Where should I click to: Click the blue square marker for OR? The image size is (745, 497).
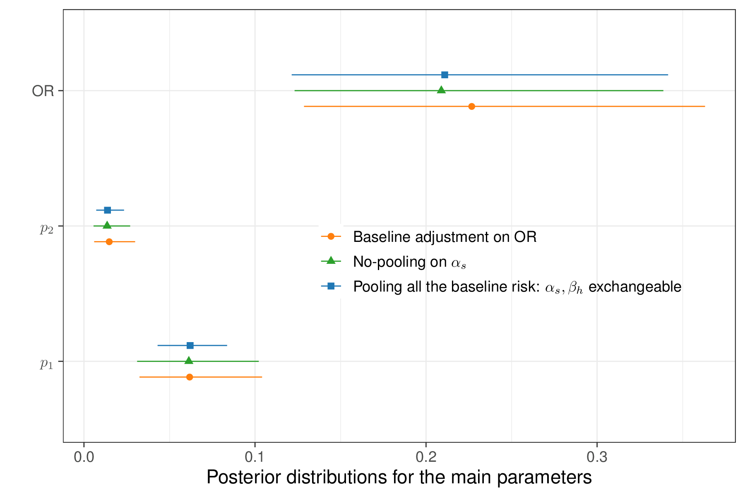point(445,75)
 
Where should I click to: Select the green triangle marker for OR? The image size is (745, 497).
point(441,90)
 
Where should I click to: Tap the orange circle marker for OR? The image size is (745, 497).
point(471,106)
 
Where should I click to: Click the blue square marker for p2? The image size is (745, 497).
point(108,210)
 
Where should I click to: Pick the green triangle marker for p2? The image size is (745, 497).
point(107,225)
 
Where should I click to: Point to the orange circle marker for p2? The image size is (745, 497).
point(109,242)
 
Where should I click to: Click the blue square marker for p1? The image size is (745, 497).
point(190,345)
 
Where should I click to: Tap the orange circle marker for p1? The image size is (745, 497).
point(190,377)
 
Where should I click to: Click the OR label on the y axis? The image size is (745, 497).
point(43,91)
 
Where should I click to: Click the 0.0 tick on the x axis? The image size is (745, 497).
point(84,457)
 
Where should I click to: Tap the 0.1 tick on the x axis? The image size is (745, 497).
point(255,457)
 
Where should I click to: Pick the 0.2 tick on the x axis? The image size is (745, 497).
point(426,457)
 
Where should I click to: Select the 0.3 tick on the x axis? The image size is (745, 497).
point(597,457)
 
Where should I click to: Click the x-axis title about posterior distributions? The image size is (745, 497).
point(399,477)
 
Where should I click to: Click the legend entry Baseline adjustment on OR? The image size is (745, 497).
point(445,237)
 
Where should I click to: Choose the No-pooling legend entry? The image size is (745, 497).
point(409,262)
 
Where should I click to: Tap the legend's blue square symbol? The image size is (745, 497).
point(331,286)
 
